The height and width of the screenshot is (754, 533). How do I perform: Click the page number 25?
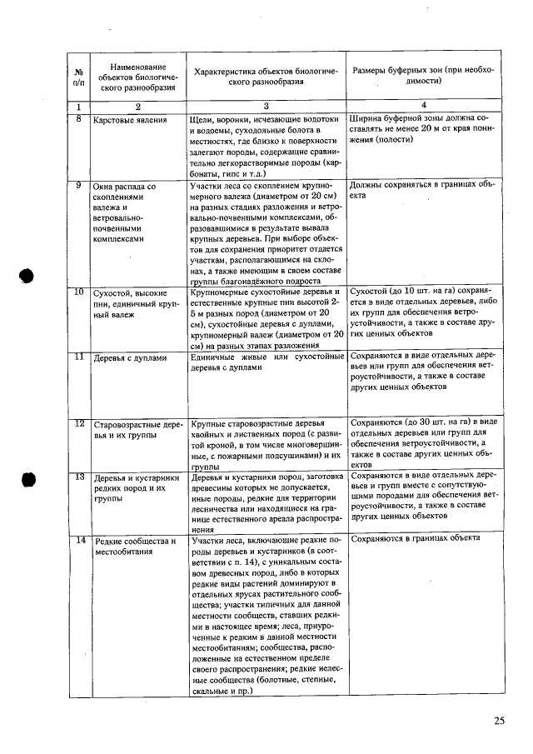(498, 721)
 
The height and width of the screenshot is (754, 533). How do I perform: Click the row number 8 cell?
(77, 120)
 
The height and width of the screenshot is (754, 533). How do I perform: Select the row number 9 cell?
(77, 185)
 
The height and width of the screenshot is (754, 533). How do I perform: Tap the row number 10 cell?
(77, 292)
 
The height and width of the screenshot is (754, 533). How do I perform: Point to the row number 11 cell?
(77, 357)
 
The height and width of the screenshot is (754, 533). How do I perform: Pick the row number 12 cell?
(78, 423)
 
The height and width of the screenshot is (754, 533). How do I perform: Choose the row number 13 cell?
(78, 477)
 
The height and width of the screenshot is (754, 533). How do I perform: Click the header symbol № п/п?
(78, 77)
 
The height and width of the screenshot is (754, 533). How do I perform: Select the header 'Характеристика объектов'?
(266, 77)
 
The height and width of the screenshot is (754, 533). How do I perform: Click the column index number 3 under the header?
(266, 107)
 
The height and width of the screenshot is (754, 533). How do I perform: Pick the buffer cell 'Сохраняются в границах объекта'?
(416, 538)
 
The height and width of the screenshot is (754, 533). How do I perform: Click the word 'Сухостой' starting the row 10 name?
(112, 294)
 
